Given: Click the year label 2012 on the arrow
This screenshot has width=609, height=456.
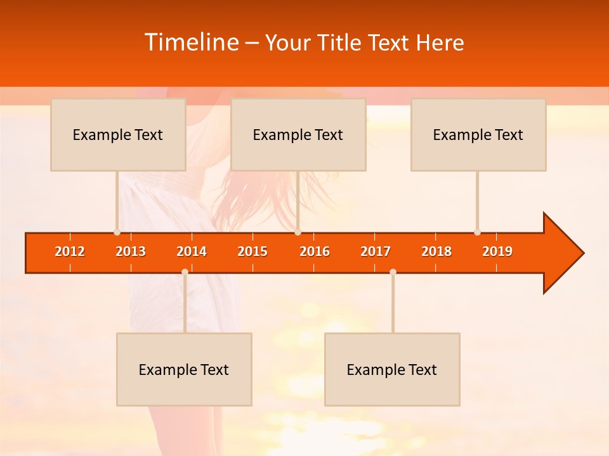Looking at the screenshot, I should coord(70,251).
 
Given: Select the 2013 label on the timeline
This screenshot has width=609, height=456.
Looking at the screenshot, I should coord(131,251).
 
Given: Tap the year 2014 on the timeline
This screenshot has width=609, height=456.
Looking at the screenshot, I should coord(192,251).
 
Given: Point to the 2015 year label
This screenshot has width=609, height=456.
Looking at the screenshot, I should coord(252,251).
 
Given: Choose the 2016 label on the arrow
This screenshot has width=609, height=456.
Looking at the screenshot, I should coord(315,251).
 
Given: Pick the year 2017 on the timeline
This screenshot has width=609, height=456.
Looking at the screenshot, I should coord(376,251).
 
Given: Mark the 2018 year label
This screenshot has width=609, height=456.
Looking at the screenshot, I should coord(436,251).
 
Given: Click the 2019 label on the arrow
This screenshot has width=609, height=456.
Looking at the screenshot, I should coord(497,251).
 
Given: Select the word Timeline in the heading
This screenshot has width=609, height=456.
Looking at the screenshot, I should coord(191,42).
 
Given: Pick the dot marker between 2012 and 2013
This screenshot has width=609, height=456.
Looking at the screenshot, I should coord(117,232).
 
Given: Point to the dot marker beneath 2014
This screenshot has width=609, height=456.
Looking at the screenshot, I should coord(185,272).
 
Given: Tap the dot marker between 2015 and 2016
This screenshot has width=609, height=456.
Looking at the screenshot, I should coord(298,232).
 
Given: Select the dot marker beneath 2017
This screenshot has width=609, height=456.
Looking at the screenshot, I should coord(393,272).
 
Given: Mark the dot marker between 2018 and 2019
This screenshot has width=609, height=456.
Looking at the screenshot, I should coord(477,232).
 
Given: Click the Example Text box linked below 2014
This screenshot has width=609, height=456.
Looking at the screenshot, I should coord(184,369).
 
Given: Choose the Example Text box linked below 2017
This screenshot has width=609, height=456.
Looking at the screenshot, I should coord(392,369).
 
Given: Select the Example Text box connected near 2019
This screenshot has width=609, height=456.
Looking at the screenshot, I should coord(478,134).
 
